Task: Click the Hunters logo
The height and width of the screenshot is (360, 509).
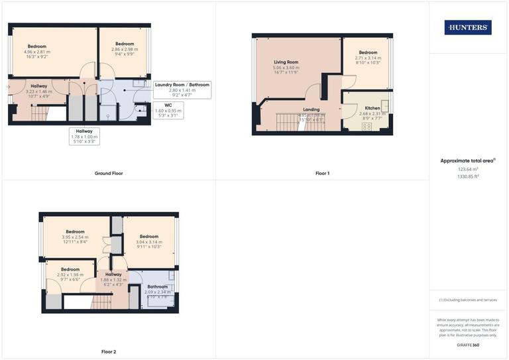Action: [x=468, y=27]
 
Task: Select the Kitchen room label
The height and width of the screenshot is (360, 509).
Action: [x=372, y=107]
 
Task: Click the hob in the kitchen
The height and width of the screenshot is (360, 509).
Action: [x=366, y=126]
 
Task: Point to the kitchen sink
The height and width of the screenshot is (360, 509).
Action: [x=384, y=104]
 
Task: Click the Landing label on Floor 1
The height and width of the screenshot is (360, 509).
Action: [x=311, y=109]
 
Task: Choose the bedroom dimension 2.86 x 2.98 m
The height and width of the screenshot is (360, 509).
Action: [x=125, y=49]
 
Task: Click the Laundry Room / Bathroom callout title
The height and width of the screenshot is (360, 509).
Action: [x=182, y=85]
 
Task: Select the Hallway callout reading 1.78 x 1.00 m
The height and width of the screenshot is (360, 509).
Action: [x=84, y=137]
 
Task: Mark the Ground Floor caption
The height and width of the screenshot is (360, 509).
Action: [x=109, y=173]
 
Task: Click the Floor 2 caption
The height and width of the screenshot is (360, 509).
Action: [x=109, y=351]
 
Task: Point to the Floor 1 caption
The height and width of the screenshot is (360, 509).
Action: [x=322, y=173]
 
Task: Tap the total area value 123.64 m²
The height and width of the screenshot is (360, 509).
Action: [x=469, y=169]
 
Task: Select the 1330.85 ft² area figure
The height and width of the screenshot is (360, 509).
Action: [x=469, y=176]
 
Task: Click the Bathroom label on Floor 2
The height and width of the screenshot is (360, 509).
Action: [x=158, y=286]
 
